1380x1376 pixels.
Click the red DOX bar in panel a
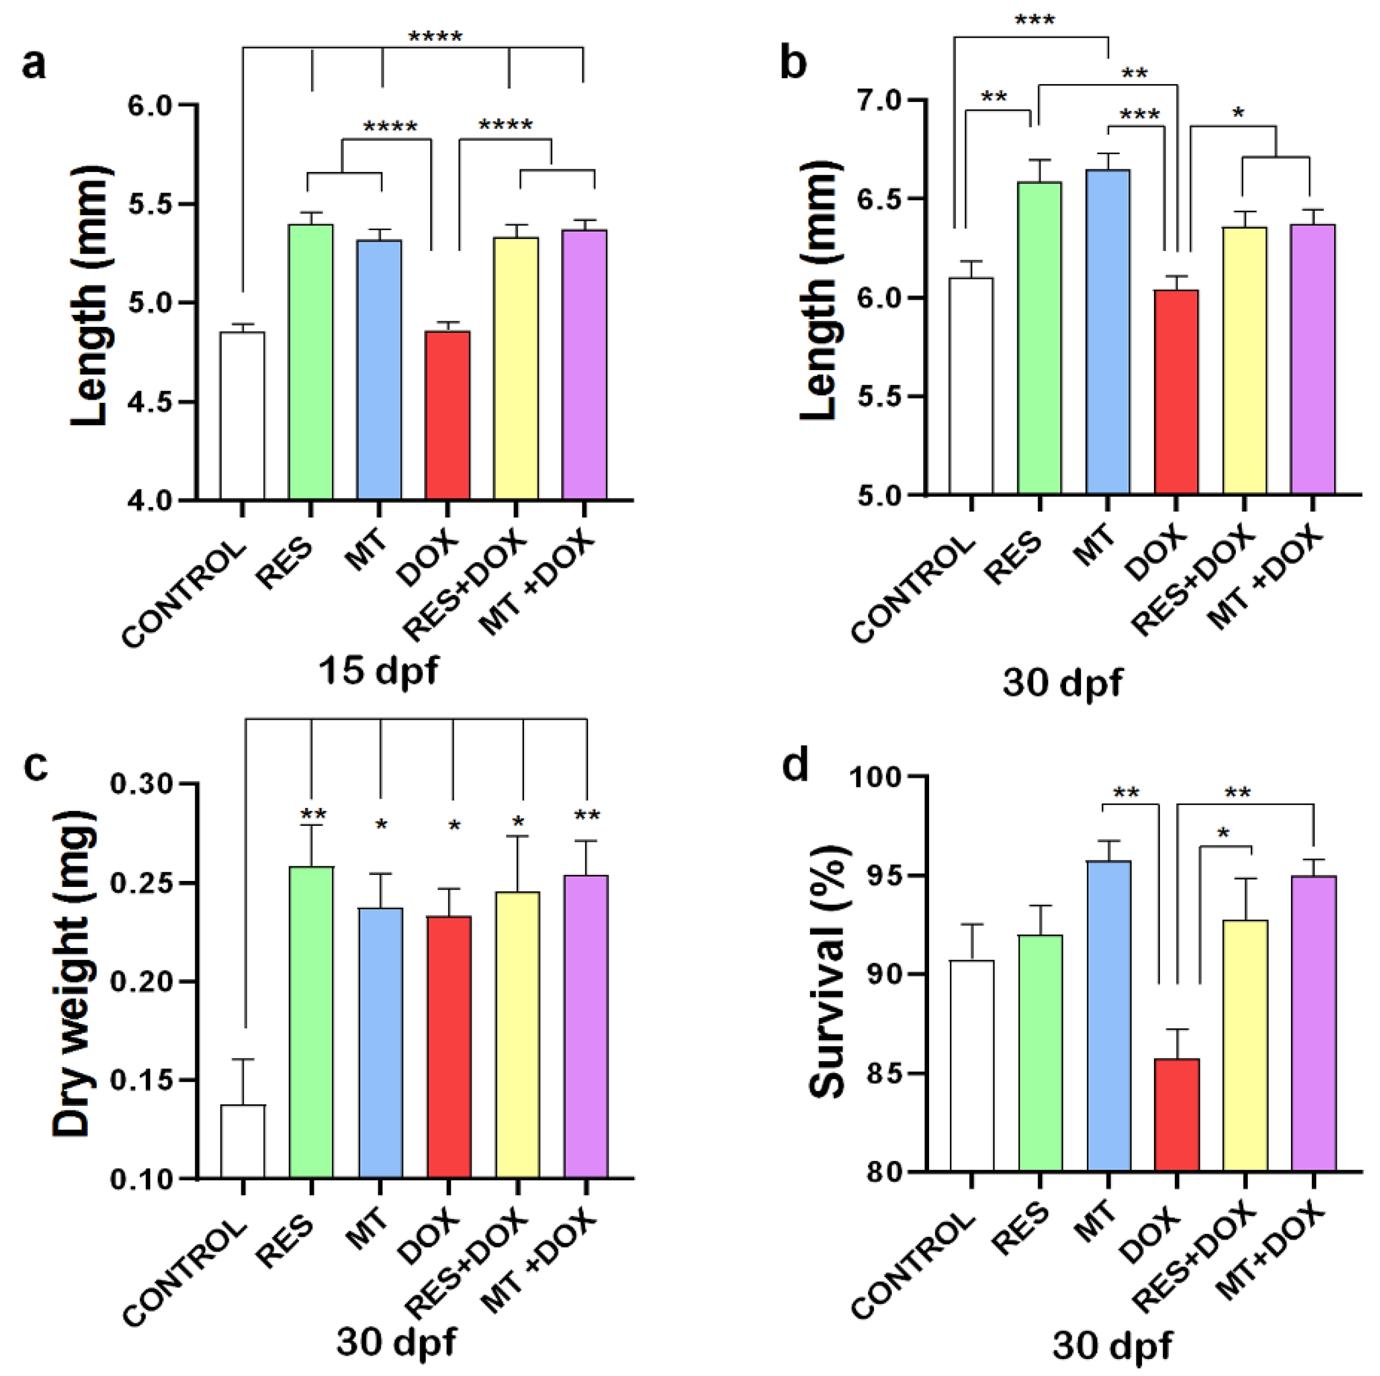(448, 414)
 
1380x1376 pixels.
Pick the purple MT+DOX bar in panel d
(1313, 1022)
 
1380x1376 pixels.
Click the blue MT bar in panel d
(1109, 1015)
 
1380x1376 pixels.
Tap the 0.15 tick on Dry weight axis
(141, 1080)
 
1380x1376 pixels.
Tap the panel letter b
(793, 63)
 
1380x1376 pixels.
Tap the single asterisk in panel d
(1223, 833)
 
